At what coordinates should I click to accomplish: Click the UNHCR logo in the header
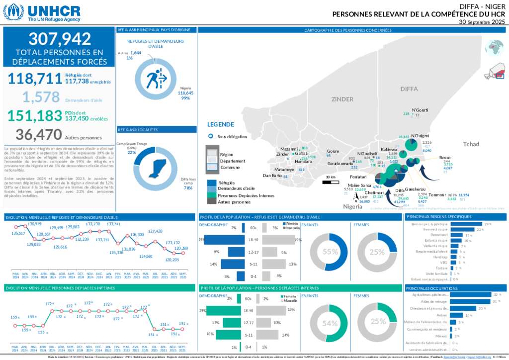(42, 12)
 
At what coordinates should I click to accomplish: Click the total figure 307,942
(60, 39)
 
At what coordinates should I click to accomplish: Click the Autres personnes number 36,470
(39, 134)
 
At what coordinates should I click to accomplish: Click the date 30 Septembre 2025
(482, 22)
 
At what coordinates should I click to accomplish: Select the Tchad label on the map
(471, 144)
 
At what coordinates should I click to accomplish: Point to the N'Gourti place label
(420, 110)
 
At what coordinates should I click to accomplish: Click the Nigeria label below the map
(353, 206)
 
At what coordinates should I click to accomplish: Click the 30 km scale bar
(331, 182)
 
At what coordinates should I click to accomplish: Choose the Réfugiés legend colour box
(212, 183)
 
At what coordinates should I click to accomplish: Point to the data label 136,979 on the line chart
(34, 224)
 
